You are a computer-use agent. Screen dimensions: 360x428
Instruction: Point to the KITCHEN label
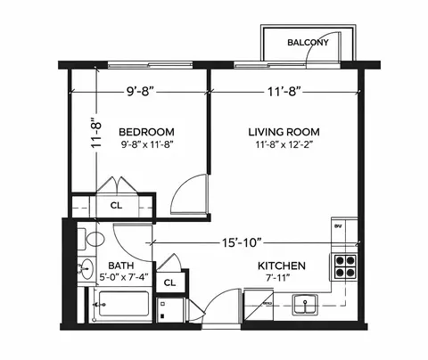[x=283, y=266]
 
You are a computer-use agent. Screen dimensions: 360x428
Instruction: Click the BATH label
[x=121, y=266]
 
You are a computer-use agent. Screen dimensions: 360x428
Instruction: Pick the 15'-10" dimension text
[x=247, y=241]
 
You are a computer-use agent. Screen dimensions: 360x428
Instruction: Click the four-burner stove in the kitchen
[x=344, y=266]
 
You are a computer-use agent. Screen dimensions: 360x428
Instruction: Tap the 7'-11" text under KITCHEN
[x=283, y=279]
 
